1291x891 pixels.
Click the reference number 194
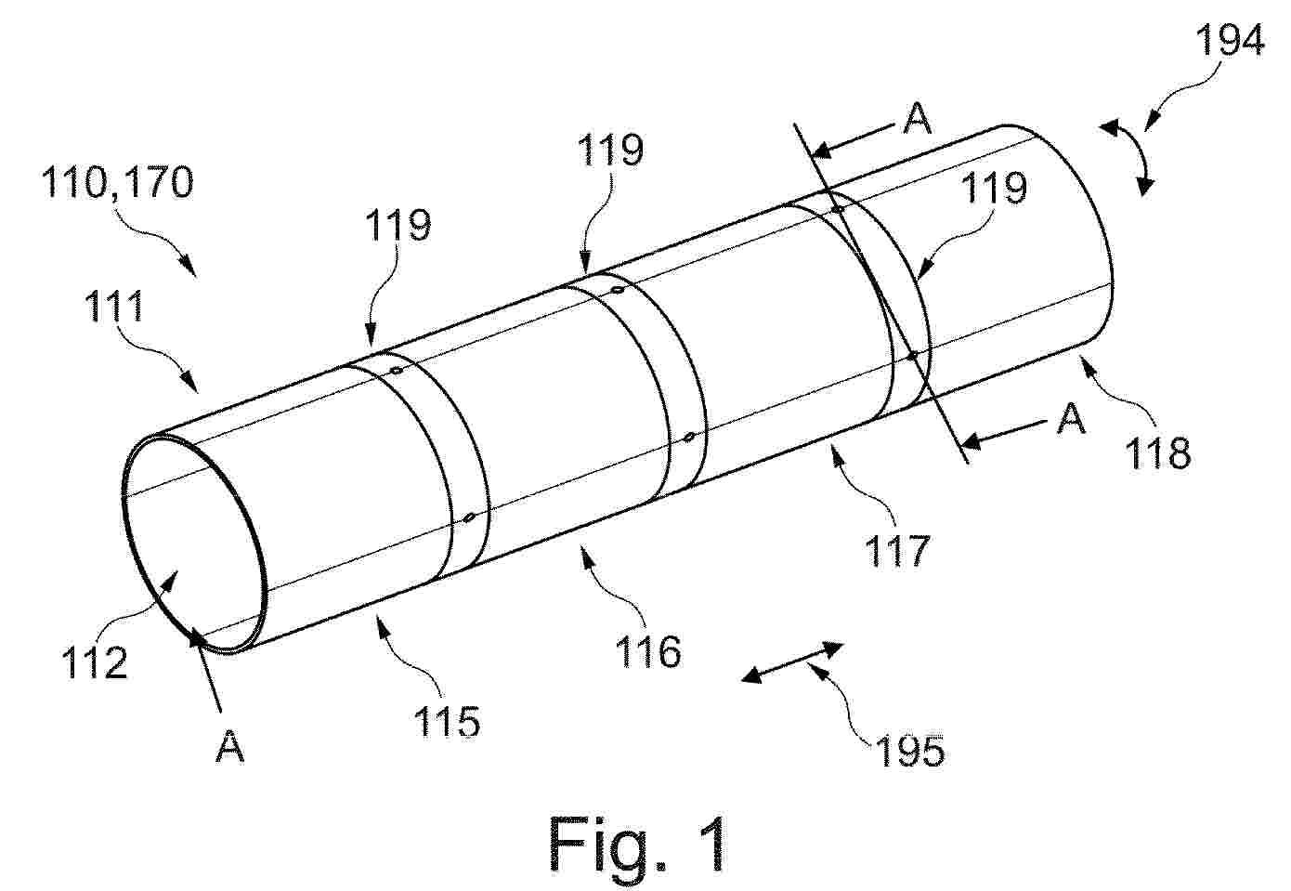pos(1230,41)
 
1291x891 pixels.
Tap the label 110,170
pos(118,182)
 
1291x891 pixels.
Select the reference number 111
pos(114,306)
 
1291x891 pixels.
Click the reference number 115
pos(448,720)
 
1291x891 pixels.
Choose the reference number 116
pos(648,651)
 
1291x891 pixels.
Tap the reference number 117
pos(897,550)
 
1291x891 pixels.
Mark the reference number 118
pos(1158,452)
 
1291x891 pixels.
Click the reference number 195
pos(910,751)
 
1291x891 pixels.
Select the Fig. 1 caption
pos(637,844)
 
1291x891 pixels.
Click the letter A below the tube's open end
pos(230,746)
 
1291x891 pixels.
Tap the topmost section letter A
pos(918,119)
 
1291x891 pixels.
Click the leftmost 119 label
pos(398,224)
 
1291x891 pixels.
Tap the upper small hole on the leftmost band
pos(397,370)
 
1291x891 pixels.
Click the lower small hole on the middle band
pos(689,438)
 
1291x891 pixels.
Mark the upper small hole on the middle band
pos(617,290)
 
